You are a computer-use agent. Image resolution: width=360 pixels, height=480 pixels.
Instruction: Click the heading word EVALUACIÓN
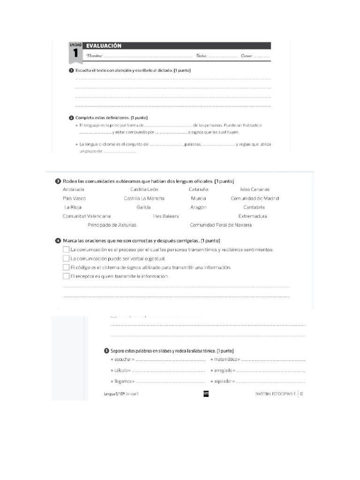104,46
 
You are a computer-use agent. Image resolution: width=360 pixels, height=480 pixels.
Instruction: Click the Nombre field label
94,56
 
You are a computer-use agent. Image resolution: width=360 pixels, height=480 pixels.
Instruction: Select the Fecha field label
202,56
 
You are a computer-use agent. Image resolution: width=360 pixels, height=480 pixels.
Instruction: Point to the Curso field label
247,56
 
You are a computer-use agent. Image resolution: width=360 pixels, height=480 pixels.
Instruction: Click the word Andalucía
74,189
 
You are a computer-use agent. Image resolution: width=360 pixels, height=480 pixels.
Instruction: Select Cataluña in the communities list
198,189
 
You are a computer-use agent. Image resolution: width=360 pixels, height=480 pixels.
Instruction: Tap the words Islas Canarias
255,189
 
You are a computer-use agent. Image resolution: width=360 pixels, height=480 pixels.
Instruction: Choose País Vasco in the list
74,198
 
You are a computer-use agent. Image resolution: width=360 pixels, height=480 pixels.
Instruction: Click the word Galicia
143,207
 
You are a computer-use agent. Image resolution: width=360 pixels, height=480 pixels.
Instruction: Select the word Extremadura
253,216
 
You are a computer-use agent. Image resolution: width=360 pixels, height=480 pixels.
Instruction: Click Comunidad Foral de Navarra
220,225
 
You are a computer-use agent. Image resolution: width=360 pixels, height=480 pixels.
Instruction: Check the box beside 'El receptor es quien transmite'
66,276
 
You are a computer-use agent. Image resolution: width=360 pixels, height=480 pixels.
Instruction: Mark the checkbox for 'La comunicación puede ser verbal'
66,258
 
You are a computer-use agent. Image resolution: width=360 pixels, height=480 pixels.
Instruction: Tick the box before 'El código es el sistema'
66,267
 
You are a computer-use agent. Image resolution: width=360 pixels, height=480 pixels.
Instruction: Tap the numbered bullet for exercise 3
58,181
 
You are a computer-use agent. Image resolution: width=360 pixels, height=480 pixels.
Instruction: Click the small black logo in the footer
205,394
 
